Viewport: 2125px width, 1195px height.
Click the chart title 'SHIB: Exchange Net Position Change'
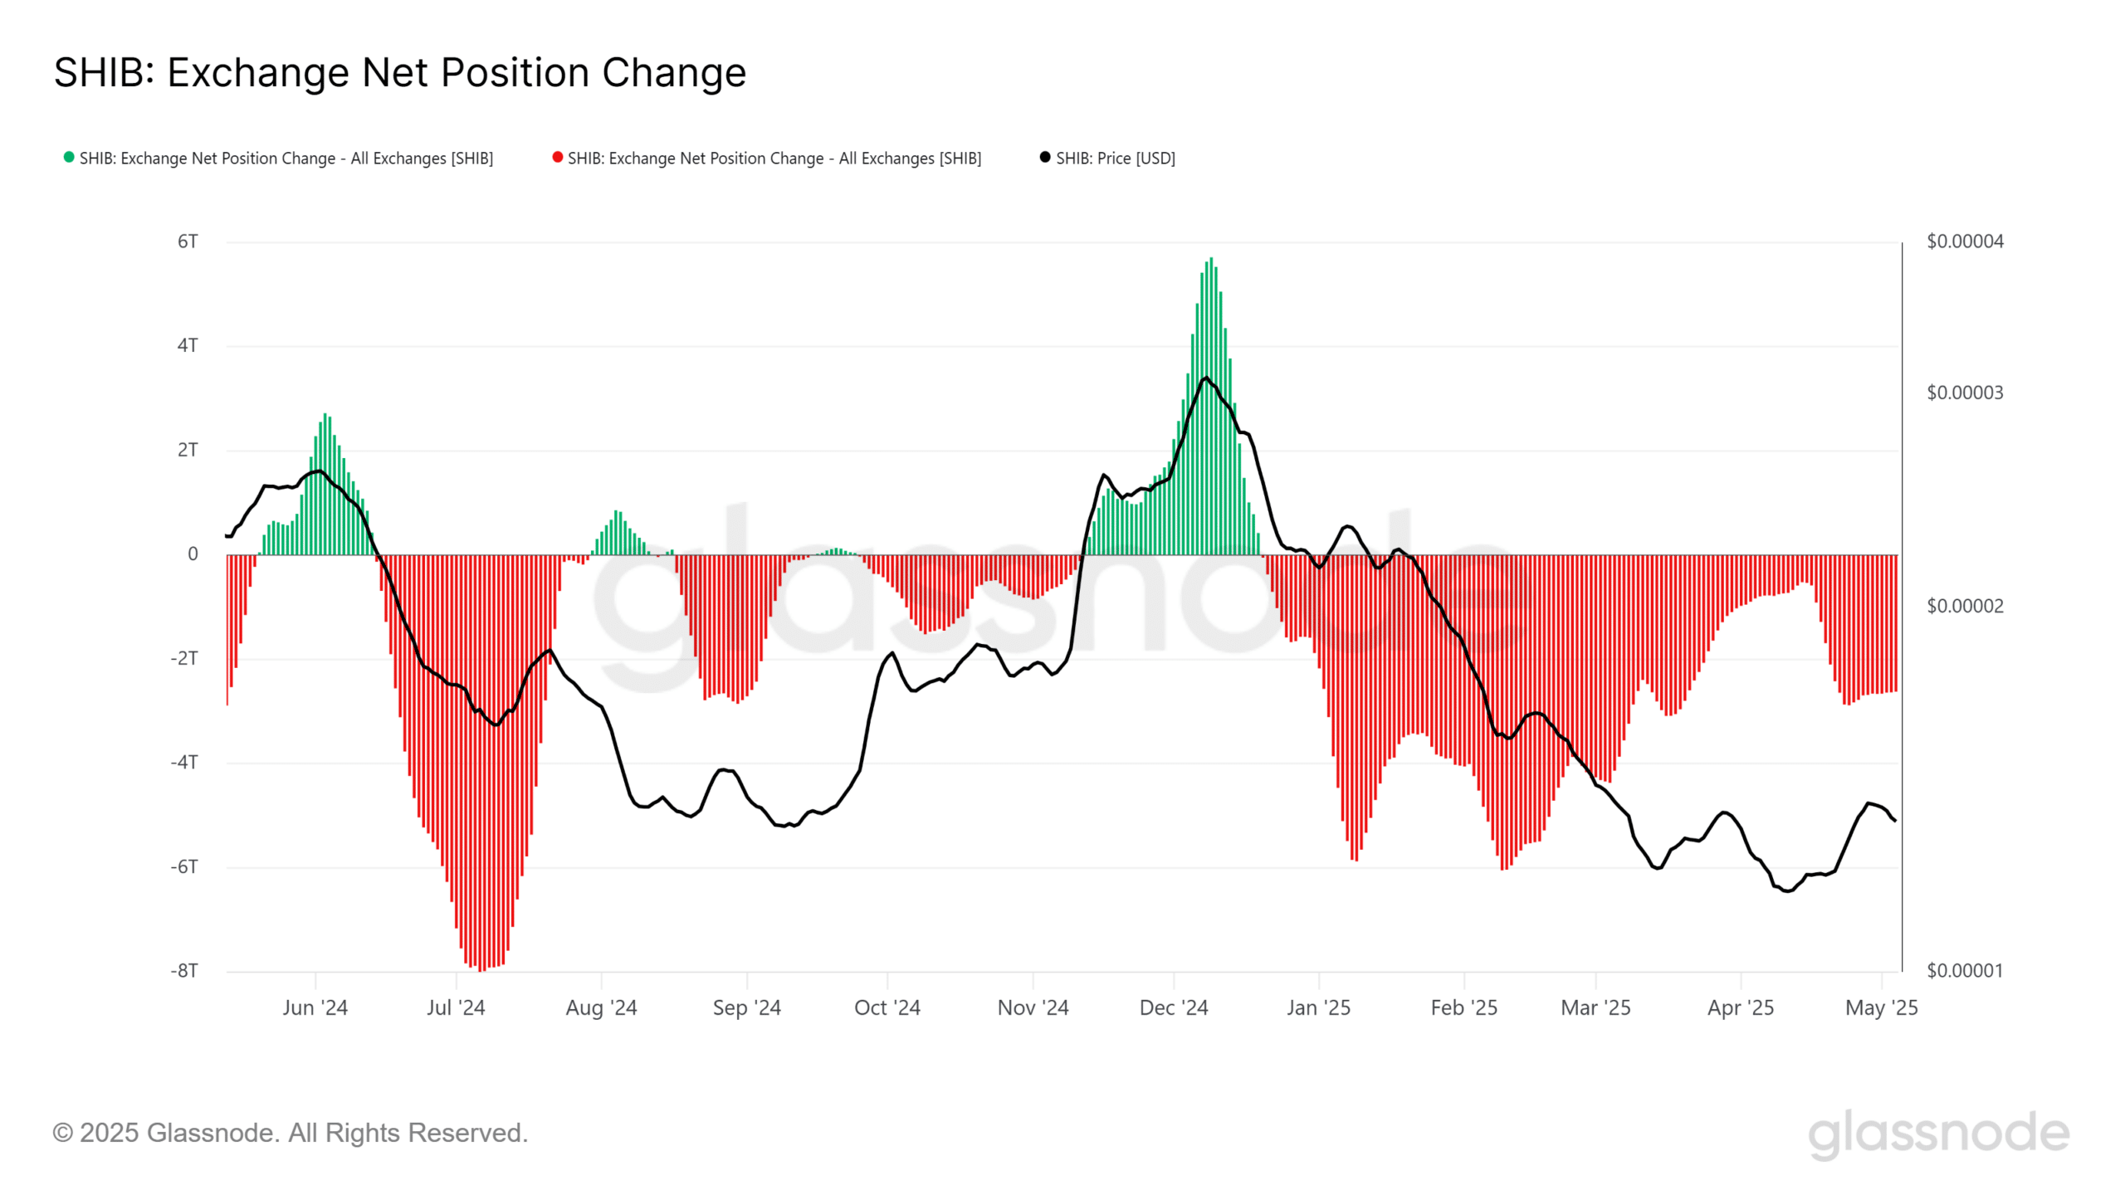[399, 73]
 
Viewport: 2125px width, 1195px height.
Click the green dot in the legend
[69, 158]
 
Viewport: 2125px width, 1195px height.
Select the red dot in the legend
[557, 158]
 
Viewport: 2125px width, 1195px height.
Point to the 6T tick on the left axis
[188, 241]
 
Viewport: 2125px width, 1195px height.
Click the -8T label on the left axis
[184, 970]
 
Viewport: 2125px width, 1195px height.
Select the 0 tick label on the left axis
[193, 554]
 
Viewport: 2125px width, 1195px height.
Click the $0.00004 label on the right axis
[1964, 241]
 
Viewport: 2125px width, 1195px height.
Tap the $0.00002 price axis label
[1964, 606]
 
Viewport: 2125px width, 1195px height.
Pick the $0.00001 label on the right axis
[1964, 970]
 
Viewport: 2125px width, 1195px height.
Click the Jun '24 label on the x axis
[315, 1007]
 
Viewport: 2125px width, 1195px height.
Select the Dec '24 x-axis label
[1173, 1007]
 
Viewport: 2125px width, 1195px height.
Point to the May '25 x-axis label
[1881, 1007]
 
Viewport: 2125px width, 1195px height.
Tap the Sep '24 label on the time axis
[746, 1007]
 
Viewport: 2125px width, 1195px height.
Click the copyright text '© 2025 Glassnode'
[290, 1133]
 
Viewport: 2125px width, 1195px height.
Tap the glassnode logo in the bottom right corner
[1938, 1134]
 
